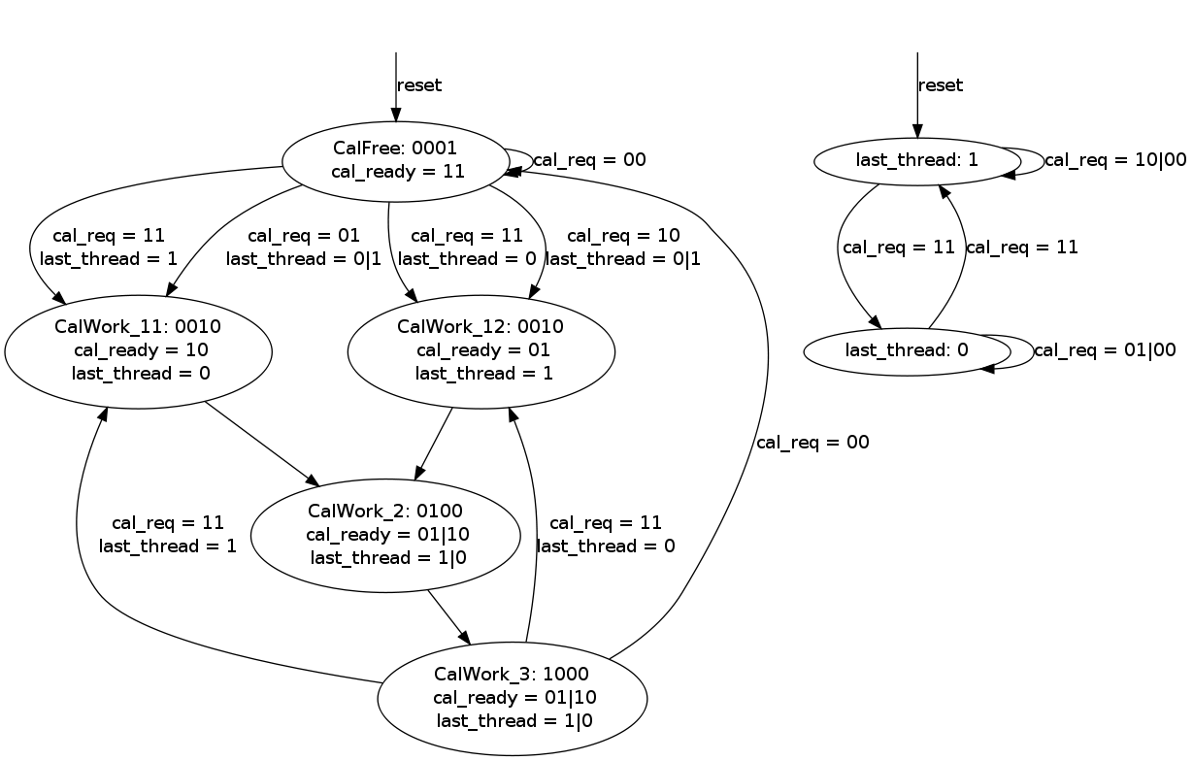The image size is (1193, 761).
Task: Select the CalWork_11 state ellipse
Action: point(138,350)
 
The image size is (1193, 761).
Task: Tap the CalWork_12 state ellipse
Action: point(481,350)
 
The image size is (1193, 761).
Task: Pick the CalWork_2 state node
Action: point(385,534)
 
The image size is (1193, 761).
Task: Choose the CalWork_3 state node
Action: point(512,698)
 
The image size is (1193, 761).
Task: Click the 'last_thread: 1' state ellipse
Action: point(916,161)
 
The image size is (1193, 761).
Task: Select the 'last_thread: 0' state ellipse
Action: point(907,350)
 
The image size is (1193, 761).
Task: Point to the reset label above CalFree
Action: point(419,85)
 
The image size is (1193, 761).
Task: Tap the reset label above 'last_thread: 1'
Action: point(941,85)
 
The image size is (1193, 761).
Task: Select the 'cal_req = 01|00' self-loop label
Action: point(1105,350)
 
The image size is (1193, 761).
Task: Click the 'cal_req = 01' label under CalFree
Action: point(304,235)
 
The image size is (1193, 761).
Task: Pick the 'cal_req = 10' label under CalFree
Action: point(623,235)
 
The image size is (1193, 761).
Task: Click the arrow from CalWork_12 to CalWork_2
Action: point(434,444)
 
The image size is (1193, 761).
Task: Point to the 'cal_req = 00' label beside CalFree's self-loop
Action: point(589,160)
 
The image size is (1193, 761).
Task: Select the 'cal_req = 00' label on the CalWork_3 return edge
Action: point(812,443)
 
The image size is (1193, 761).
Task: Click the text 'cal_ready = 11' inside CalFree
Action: point(398,172)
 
